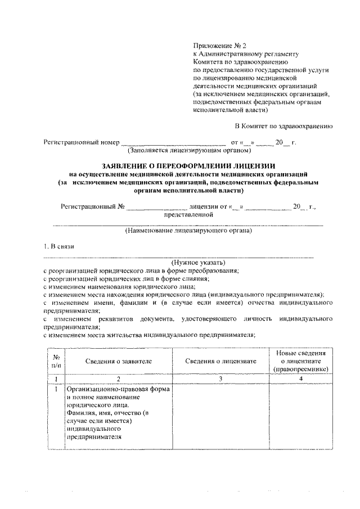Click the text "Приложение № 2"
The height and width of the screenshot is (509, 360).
pos(217,43)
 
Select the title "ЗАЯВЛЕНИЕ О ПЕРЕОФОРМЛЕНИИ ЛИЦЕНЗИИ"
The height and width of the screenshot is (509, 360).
pos(188,166)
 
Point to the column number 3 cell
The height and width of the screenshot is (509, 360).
pos(220,379)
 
